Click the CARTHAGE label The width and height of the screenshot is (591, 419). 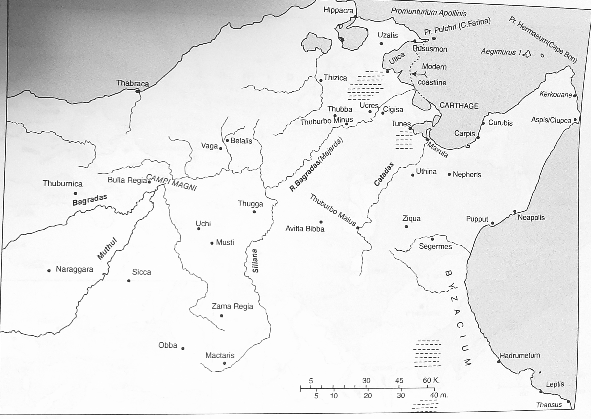[x=459, y=106]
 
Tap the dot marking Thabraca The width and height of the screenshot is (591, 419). [x=138, y=91]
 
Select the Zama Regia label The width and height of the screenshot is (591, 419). [x=232, y=306]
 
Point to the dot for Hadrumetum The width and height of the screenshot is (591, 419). [x=499, y=362]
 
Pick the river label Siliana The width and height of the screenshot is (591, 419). [x=255, y=261]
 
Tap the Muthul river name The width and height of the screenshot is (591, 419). [x=107, y=249]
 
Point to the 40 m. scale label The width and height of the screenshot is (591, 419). [x=439, y=395]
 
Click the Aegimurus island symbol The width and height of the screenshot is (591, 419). [x=528, y=54]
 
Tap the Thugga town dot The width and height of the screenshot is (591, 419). [x=254, y=212]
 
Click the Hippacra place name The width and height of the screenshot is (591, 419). [x=338, y=10]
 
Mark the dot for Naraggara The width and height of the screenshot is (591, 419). [x=49, y=271]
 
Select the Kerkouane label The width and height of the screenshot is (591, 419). [x=555, y=94]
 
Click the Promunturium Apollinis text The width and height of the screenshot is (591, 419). [x=428, y=12]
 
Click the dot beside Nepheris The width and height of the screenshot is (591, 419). [x=449, y=174]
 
